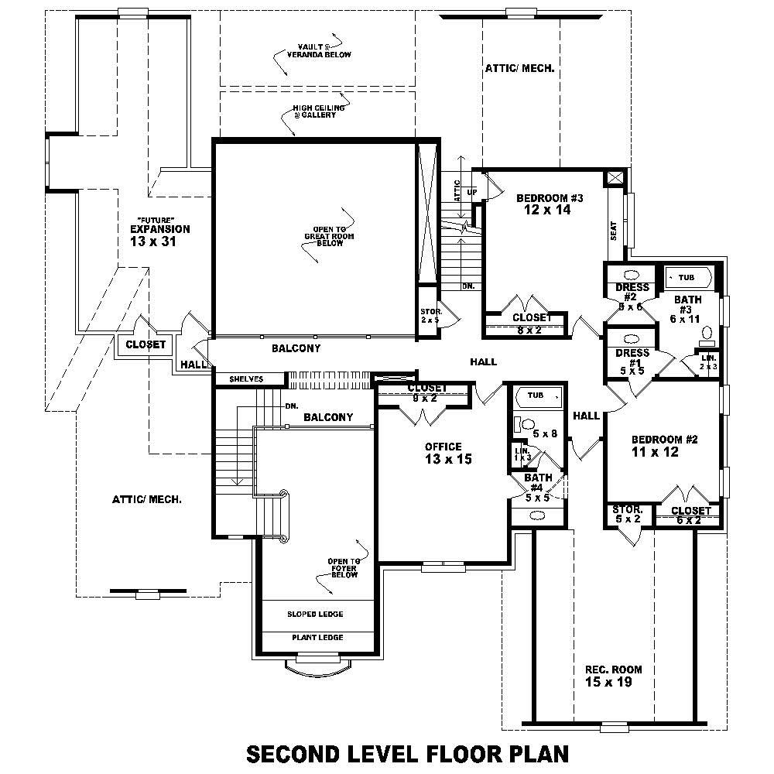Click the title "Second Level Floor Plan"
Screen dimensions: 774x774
click(407, 753)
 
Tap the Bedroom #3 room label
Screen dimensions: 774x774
click(549, 204)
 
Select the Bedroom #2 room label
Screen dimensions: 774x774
click(664, 445)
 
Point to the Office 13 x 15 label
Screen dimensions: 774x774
click(443, 453)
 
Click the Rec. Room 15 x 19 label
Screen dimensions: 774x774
click(613, 676)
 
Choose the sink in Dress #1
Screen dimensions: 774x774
click(630, 338)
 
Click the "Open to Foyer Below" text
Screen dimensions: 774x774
click(343, 568)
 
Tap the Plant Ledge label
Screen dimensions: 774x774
click(317, 638)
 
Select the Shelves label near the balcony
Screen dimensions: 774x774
click(246, 379)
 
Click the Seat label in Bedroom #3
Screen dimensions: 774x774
click(614, 230)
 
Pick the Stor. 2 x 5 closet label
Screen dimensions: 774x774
click(430, 315)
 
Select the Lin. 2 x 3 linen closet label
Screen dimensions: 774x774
click(708, 361)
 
